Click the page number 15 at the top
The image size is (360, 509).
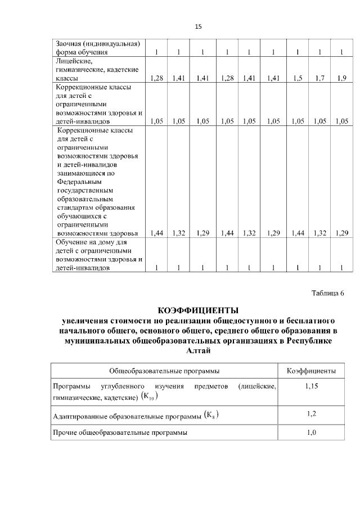pyautogui.click(x=198, y=26)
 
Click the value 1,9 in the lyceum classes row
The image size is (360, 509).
pyautogui.click(x=341, y=79)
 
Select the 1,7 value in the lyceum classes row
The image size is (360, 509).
pyautogui.click(x=320, y=79)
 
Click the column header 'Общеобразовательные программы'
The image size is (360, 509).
pyautogui.click(x=164, y=371)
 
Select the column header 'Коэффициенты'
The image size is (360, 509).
pyautogui.click(x=312, y=371)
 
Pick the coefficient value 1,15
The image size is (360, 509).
pyautogui.click(x=312, y=387)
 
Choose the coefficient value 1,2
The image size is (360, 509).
pyautogui.click(x=312, y=414)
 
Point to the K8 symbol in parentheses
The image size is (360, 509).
pyautogui.click(x=210, y=416)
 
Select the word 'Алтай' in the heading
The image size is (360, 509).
pyautogui.click(x=198, y=352)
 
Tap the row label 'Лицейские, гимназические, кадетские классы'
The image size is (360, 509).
pyautogui.click(x=96, y=70)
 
